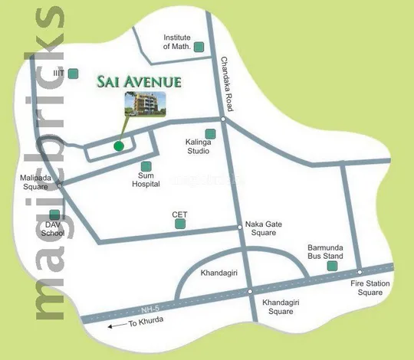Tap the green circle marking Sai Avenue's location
118,146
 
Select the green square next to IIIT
73,74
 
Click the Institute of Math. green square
199,47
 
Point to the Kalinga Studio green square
210,134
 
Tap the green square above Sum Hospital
146,166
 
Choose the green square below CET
180,224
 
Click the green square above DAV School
54,215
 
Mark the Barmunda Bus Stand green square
332,266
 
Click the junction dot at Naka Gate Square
239,226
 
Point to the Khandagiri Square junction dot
250,292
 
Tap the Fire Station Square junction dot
359,272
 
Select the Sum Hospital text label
146,180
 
